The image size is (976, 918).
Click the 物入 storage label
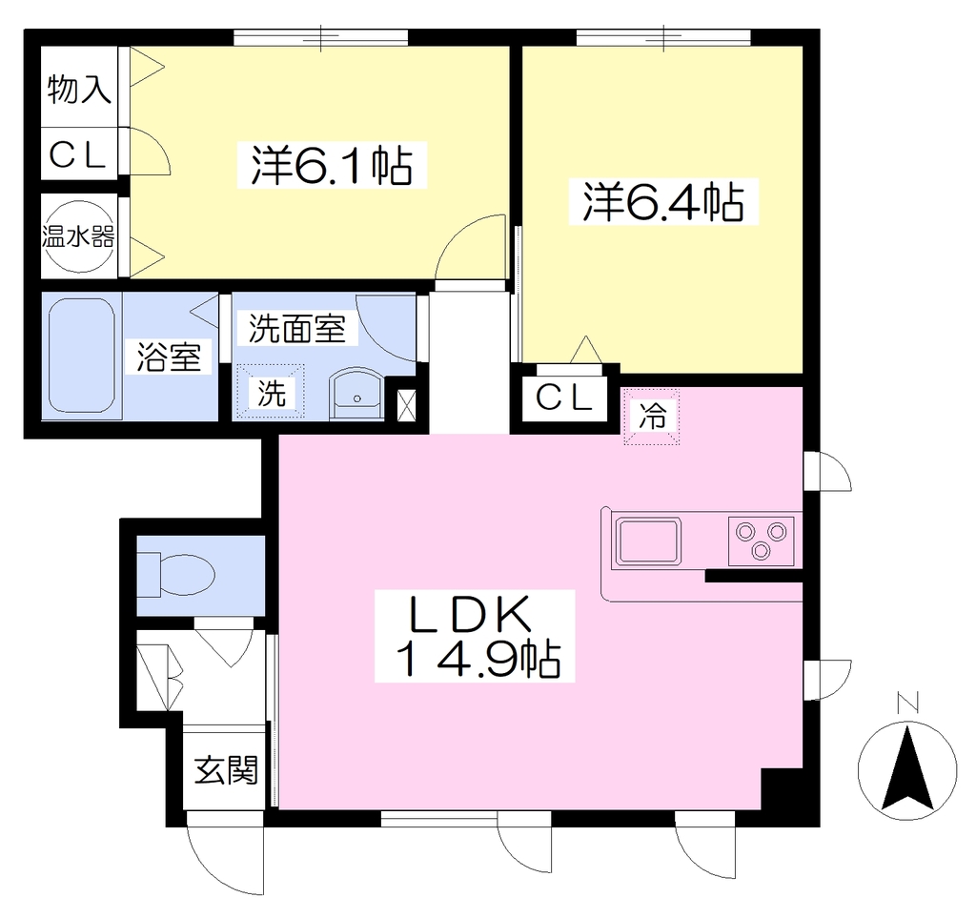tap(79, 89)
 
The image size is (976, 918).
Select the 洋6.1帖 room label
tap(332, 165)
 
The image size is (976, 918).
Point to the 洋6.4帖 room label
tap(663, 202)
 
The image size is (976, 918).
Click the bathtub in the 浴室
tap(81, 356)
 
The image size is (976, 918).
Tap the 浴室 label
tap(169, 357)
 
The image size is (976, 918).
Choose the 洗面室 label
tap(297, 328)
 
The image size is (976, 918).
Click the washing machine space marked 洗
tap(271, 392)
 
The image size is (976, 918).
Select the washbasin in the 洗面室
tap(357, 394)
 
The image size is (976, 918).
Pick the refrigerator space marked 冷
tap(652, 416)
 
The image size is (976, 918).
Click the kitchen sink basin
tap(648, 541)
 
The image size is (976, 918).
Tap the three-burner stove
tap(761, 541)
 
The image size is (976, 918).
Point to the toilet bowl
tap(177, 573)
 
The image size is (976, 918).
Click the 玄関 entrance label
tap(226, 770)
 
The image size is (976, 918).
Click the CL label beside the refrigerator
tap(564, 398)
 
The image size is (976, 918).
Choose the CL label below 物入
tap(78, 155)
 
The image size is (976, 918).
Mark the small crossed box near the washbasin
tap(406, 405)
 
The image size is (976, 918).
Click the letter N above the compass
tap(908, 703)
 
